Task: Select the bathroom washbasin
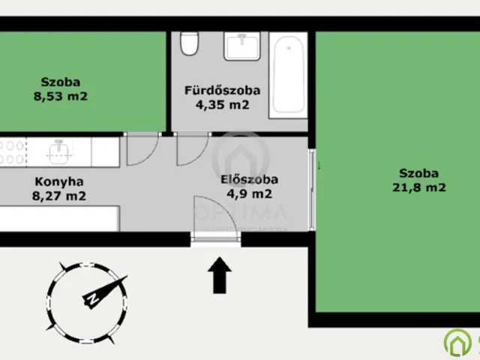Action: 241,47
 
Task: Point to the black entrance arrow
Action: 218,274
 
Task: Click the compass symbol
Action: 85,294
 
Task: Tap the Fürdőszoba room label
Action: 223,91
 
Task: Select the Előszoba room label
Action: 250,179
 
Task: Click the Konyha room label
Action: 58,181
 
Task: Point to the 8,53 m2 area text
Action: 61,96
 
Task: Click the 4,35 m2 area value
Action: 223,105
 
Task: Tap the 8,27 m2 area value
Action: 60,196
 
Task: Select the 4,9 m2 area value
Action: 250,193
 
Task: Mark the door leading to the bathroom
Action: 192,148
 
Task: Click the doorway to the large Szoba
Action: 314,187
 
